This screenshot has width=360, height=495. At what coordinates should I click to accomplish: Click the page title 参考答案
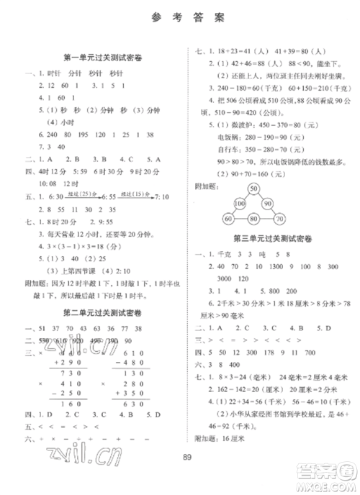tap(179, 19)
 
